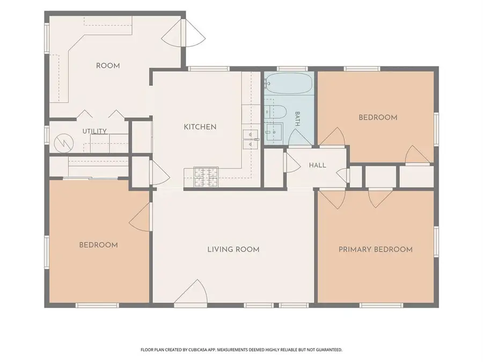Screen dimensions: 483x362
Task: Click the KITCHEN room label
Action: pyautogui.click(x=200, y=127)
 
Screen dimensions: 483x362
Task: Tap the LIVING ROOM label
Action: pyautogui.click(x=233, y=249)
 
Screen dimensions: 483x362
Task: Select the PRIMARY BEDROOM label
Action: pyautogui.click(x=376, y=249)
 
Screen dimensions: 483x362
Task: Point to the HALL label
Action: pyautogui.click(x=317, y=165)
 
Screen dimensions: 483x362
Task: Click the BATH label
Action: pyautogui.click(x=297, y=119)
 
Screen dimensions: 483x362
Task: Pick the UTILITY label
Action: pyautogui.click(x=94, y=131)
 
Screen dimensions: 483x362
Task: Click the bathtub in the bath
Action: pyautogui.click(x=289, y=83)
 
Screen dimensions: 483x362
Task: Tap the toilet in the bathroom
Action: pyautogui.click(x=276, y=111)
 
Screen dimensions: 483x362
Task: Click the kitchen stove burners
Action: pyautogui.click(x=206, y=178)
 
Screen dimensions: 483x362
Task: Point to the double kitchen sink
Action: pyautogui.click(x=250, y=139)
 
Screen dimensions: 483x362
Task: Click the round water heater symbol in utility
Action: pyautogui.click(x=64, y=143)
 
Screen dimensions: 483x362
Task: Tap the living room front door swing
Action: pyautogui.click(x=192, y=292)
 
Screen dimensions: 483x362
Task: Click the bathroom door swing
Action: pyautogui.click(x=299, y=137)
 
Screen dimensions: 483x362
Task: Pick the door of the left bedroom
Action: pyautogui.click(x=140, y=217)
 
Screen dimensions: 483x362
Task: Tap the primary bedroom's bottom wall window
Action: pyautogui.click(x=381, y=305)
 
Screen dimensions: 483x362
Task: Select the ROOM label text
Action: pyautogui.click(x=108, y=65)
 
